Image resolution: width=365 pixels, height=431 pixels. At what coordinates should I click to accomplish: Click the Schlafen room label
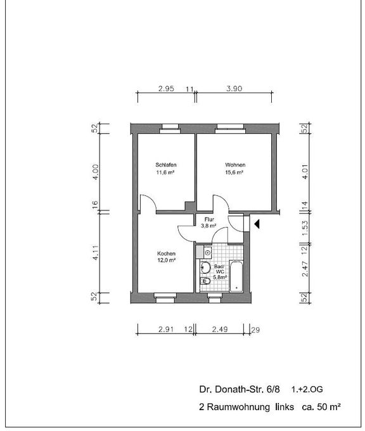166,165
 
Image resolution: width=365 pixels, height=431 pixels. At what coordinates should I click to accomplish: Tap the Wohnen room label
235,165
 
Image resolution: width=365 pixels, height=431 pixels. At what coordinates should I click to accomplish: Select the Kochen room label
166,254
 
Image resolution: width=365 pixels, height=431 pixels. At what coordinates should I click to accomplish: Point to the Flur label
209,219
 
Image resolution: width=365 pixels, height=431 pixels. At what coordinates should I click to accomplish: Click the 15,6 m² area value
234,172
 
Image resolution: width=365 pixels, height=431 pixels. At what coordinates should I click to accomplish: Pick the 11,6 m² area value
166,172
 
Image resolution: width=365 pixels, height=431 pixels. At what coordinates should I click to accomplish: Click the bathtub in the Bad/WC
236,276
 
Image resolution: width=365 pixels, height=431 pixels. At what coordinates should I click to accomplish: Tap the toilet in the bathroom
205,281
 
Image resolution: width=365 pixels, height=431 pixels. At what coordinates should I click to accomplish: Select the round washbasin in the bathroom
205,267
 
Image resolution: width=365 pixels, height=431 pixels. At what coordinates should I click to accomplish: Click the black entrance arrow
257,224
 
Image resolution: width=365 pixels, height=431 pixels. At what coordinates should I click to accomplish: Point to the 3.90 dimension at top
234,89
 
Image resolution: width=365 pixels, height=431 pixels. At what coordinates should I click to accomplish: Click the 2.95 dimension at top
166,89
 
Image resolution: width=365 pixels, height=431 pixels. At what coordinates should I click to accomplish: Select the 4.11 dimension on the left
95,253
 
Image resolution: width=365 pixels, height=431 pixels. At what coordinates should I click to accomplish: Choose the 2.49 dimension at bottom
220,329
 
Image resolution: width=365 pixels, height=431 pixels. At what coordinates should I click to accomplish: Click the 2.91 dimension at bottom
166,329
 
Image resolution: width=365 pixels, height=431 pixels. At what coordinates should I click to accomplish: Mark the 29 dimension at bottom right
255,330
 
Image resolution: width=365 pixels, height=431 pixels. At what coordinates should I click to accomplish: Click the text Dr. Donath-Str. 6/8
240,389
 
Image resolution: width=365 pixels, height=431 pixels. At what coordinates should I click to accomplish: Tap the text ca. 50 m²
321,406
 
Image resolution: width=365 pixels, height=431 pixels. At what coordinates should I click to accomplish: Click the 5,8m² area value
220,278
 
